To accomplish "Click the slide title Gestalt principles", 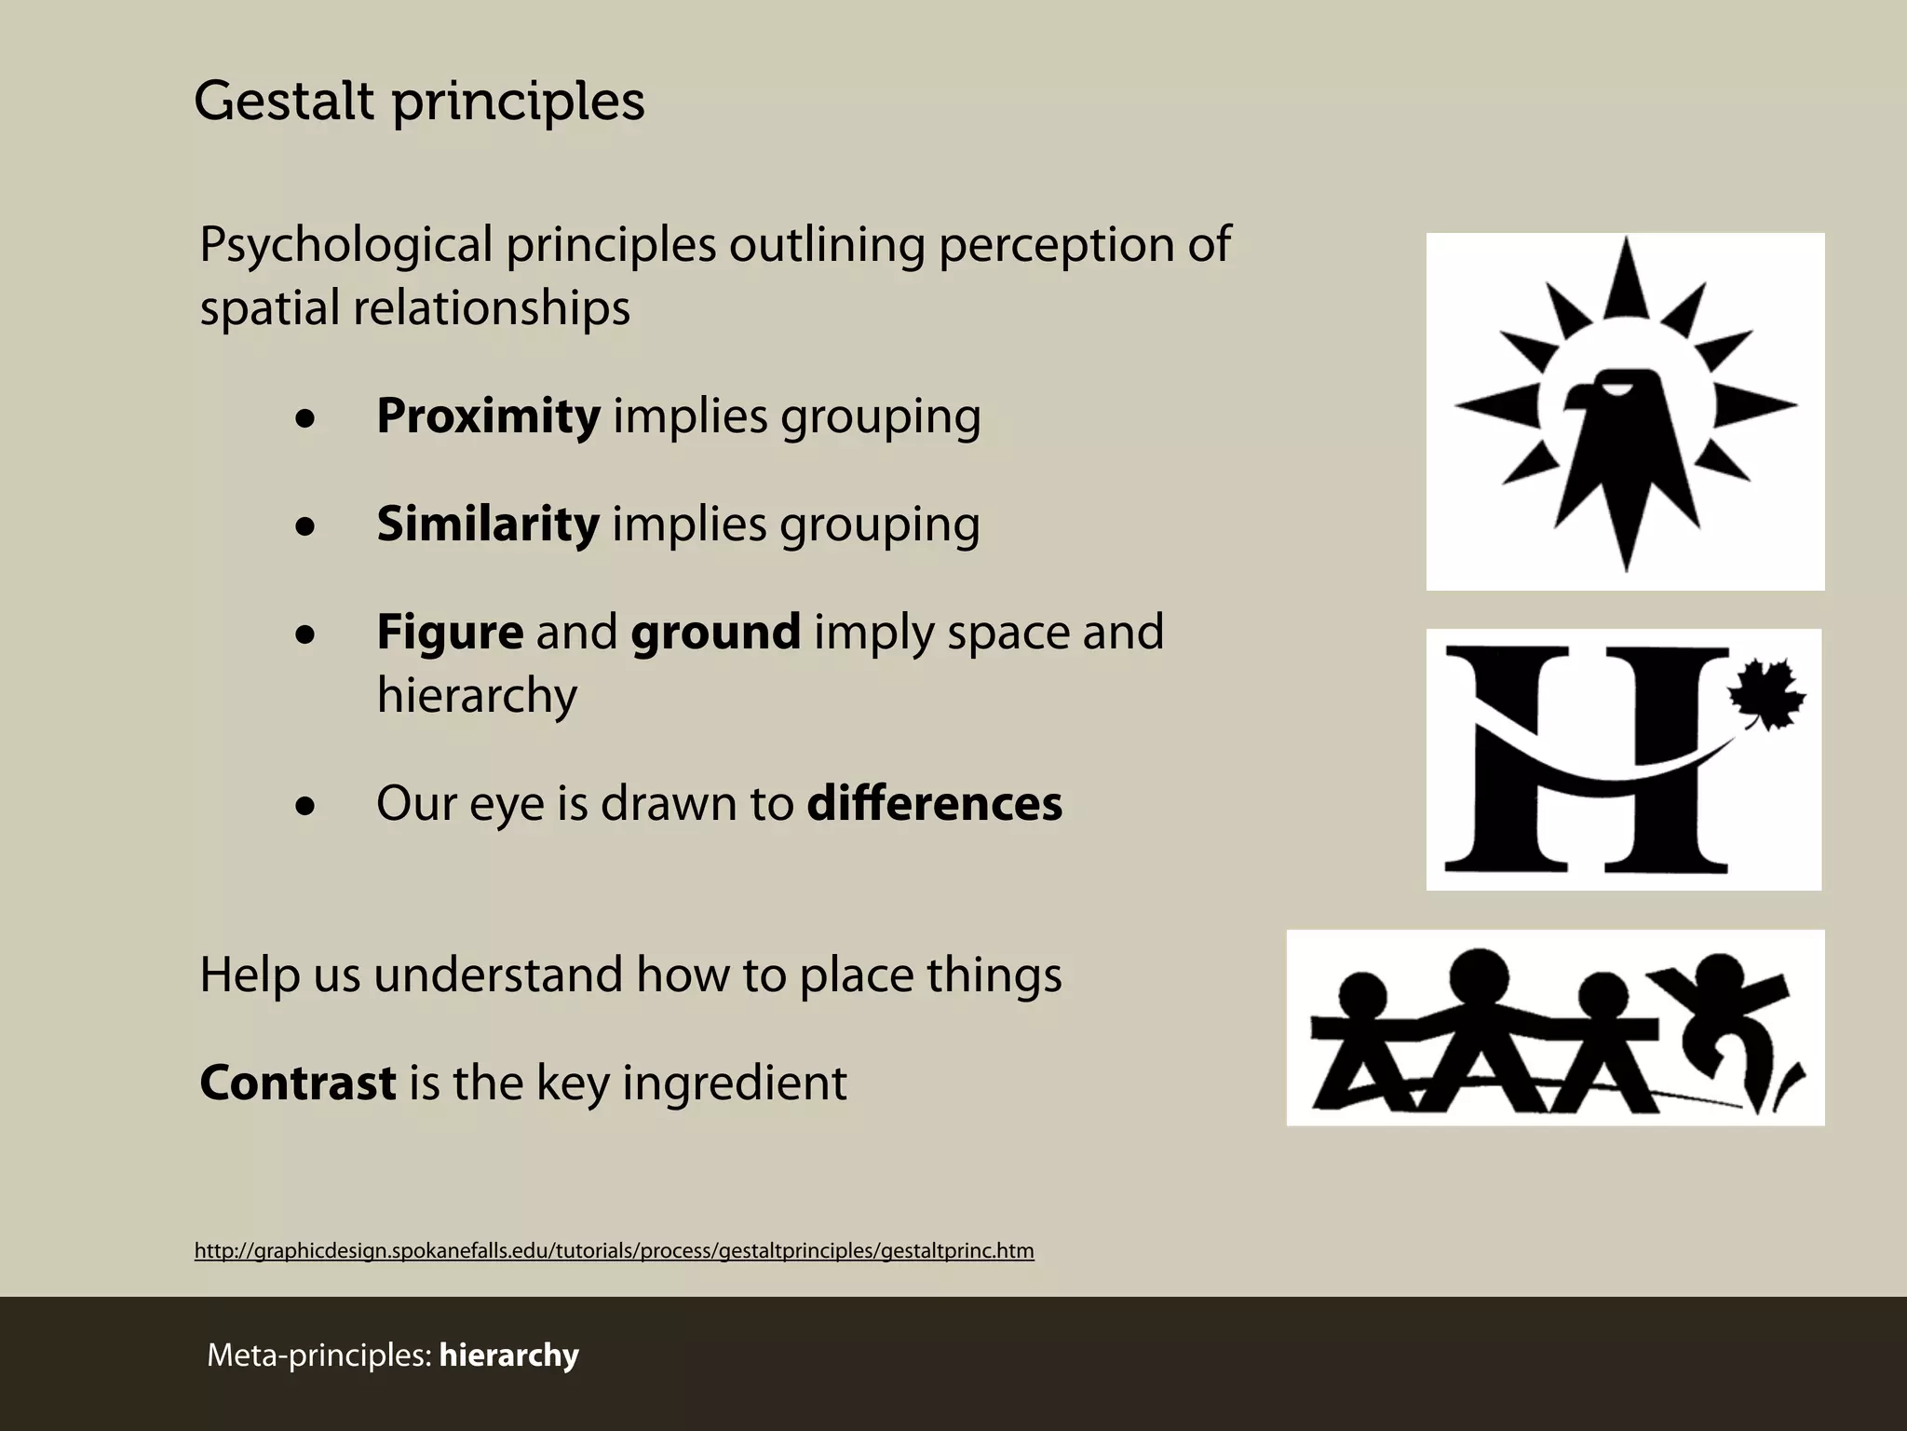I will pyautogui.click(x=419, y=101).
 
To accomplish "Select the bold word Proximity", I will pyautogui.click(x=488, y=416).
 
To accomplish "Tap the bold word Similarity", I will pyautogui.click(x=488, y=524).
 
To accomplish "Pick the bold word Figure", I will pyautogui.click(x=450, y=633).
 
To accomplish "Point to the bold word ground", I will pyautogui.click(x=715, y=633).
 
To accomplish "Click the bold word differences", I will pyautogui.click(x=934, y=803).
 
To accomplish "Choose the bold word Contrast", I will pyautogui.click(x=298, y=1083).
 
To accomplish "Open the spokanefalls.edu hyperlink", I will pyautogui.click(x=614, y=1250).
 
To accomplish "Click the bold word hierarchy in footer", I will pyautogui.click(x=508, y=1355).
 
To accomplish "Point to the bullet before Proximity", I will pyautogui.click(x=305, y=420).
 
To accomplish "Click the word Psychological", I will pyautogui.click(x=345, y=246).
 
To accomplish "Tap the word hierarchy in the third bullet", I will pyautogui.click(x=477, y=695).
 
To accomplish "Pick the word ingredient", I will pyautogui.click(x=734, y=1083).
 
